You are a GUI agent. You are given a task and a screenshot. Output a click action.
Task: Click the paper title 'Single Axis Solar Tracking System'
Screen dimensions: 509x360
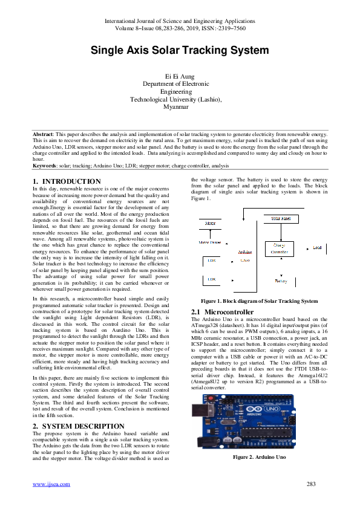pos(179,51)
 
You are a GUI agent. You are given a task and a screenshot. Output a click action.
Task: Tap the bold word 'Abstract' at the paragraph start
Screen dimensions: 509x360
pos(44,133)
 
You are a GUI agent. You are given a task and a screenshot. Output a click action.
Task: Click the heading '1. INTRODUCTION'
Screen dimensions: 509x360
pos(67,181)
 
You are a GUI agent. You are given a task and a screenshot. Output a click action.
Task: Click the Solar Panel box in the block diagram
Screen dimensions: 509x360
pos(280,218)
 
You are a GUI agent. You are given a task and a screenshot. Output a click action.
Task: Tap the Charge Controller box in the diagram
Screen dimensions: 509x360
pos(280,248)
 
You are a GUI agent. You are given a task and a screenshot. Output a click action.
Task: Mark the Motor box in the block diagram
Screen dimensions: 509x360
pos(211,224)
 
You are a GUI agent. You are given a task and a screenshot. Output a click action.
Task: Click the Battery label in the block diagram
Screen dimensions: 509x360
pos(281,281)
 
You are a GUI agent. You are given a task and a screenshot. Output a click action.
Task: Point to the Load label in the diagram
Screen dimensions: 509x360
pos(317,248)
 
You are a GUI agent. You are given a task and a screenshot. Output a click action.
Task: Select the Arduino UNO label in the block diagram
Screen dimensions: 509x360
pos(244,256)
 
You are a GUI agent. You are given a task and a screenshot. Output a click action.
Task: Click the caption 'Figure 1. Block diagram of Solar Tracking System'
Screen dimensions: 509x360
pos(260,300)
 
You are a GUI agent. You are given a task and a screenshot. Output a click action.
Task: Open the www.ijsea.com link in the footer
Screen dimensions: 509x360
pos(51,484)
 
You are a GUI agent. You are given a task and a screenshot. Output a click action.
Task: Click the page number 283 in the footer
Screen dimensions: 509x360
pos(312,484)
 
